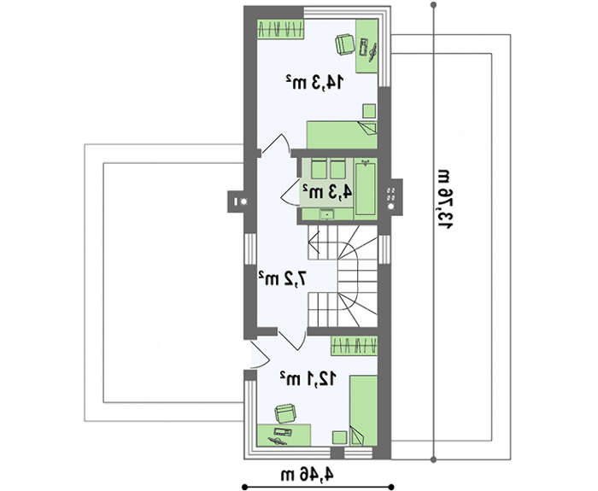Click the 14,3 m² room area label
(x=315, y=82)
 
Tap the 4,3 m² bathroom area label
(x=327, y=192)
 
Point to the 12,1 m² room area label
(x=308, y=378)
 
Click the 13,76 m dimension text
(x=445, y=199)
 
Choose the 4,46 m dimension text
(x=308, y=475)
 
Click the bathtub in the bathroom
(x=366, y=189)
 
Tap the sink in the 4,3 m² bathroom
(x=327, y=215)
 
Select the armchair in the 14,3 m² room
(x=345, y=44)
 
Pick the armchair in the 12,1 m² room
(x=285, y=413)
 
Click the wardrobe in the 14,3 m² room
(x=280, y=29)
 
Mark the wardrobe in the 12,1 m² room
(x=354, y=346)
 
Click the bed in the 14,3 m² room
(x=342, y=135)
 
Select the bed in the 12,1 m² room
(x=363, y=410)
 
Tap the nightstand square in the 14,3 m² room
(x=369, y=111)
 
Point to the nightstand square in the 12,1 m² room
(x=339, y=437)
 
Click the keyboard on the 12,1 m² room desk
(x=283, y=432)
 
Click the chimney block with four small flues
(x=392, y=197)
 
